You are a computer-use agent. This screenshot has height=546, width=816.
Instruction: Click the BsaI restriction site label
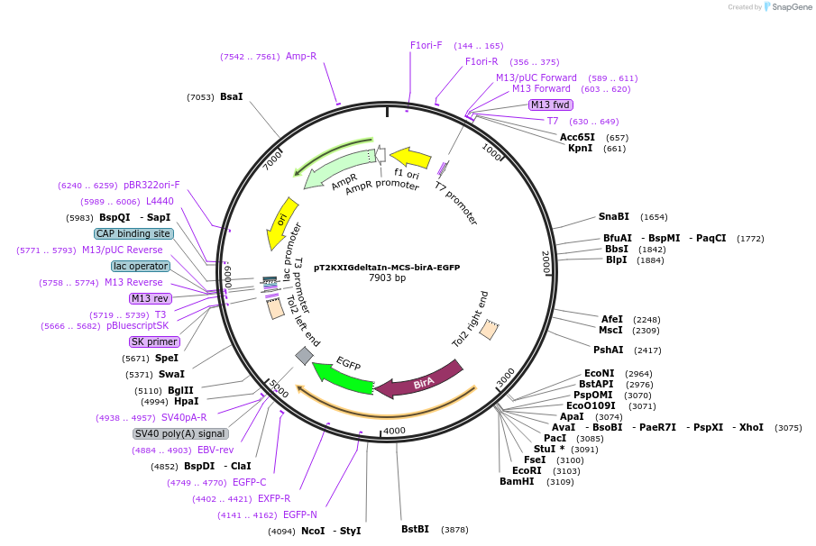pos(231,96)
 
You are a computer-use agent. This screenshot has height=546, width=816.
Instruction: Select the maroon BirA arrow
pos(419,379)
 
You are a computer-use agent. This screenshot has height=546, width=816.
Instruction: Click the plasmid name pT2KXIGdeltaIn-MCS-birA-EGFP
pos(387,267)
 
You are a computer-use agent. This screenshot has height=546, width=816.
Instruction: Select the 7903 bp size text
pos(387,278)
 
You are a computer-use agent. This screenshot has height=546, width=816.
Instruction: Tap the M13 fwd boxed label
pos(550,105)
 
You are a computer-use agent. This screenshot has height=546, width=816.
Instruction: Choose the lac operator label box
pos(141,266)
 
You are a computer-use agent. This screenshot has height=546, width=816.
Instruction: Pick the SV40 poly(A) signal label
pos(179,433)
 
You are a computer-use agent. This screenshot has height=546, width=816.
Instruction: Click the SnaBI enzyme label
pos(614,216)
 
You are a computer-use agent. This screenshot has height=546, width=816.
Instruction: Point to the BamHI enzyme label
pos(517,481)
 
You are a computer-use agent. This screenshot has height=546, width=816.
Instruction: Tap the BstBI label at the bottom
pos(415,529)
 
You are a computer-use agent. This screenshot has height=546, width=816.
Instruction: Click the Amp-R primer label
pos(301,56)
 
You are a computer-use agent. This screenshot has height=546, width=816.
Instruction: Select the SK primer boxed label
pos(154,341)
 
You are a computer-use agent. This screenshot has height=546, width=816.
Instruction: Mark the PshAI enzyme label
pos(609,350)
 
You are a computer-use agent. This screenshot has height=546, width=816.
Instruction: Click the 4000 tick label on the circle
pos(394,431)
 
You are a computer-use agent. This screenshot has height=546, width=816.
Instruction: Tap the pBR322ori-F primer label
pos(151,185)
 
